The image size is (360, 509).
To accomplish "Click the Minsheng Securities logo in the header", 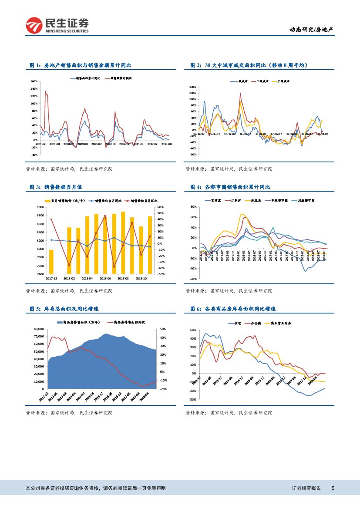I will (x=57, y=25).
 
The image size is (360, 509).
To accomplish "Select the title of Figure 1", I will (x=80, y=65).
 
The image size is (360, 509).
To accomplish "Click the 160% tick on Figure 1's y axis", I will (x=34, y=81).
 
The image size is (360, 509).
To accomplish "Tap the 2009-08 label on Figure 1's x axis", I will (x=82, y=143).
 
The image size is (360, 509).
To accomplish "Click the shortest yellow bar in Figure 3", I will (x=51, y=262).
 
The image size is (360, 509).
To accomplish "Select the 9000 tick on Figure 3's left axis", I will (x=40, y=207).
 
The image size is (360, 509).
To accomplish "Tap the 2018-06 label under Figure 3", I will (x=105, y=278).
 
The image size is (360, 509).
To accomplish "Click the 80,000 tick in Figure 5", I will (x=39, y=329).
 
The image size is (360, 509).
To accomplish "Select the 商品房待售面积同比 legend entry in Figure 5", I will (x=129, y=322).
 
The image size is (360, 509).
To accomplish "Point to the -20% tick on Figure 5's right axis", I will (x=163, y=389).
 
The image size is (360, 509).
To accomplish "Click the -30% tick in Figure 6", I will (x=193, y=399).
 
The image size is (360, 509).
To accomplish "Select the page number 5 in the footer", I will (x=333, y=489).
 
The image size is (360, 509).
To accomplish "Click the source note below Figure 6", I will (x=228, y=412).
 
